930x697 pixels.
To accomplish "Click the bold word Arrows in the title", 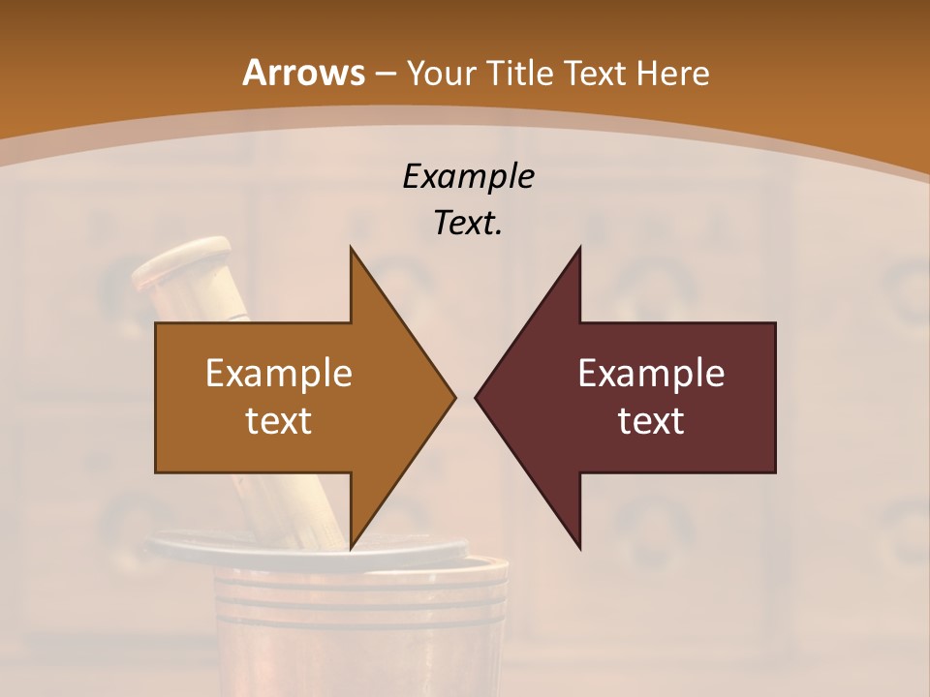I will coord(303,73).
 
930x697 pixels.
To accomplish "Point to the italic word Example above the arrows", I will coord(468,177).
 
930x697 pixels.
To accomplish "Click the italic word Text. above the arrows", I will coord(468,224).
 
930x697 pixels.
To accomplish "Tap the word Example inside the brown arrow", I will coord(279,374).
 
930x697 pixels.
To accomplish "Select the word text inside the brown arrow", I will coord(279,420).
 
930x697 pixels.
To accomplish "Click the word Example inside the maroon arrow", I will coord(651,374).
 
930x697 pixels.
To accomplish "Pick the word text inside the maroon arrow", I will coord(651,420).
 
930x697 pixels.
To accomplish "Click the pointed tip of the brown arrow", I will coord(453,397).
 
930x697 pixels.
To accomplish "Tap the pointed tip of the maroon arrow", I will coord(477,397).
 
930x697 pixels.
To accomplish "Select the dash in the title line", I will coord(384,74).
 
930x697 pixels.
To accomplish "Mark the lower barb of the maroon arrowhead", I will coord(578,544).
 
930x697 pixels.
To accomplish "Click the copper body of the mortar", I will coord(358,629).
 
